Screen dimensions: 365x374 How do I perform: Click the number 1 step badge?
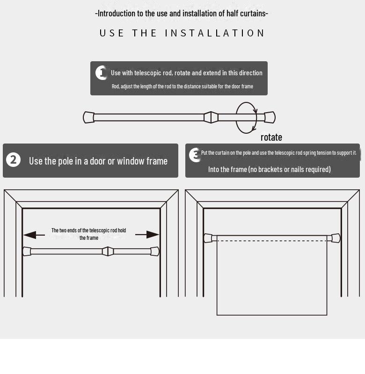click(101, 73)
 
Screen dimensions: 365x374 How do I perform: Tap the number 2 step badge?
click(14, 160)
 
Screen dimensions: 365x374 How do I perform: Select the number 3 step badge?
click(195, 155)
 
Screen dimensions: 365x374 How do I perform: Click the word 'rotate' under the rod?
click(271, 137)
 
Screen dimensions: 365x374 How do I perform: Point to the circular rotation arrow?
click(236, 118)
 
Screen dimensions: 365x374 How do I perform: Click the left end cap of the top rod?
click(88, 117)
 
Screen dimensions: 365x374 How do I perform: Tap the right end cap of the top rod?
click(270, 117)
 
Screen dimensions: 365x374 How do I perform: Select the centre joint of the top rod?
click(211, 117)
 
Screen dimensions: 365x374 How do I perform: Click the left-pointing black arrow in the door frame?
click(34, 235)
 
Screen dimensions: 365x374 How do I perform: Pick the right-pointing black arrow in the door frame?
click(147, 235)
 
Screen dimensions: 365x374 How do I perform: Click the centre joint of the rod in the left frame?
click(108, 252)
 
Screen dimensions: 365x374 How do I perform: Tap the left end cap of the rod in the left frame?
click(27, 252)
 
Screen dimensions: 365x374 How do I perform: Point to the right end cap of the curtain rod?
click(336, 238)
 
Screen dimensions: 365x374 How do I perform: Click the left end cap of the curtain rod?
click(208, 238)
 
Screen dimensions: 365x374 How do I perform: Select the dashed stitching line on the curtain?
click(272, 241)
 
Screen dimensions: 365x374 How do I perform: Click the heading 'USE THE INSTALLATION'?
click(182, 33)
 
